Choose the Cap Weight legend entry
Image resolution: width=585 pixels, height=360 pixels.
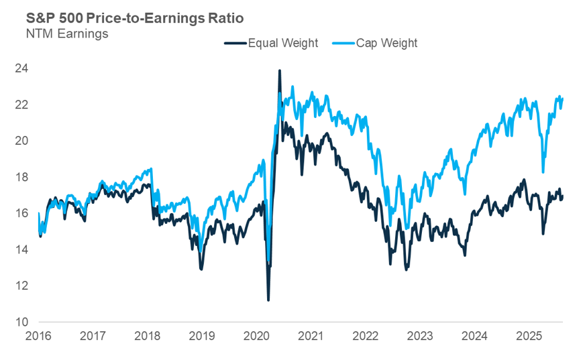click(387, 43)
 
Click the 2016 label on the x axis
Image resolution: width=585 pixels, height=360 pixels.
click(39, 335)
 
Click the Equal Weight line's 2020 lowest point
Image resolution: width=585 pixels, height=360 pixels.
click(268, 300)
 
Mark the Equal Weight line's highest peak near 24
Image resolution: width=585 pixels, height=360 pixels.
click(280, 70)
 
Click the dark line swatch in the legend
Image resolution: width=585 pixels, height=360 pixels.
click(235, 43)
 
